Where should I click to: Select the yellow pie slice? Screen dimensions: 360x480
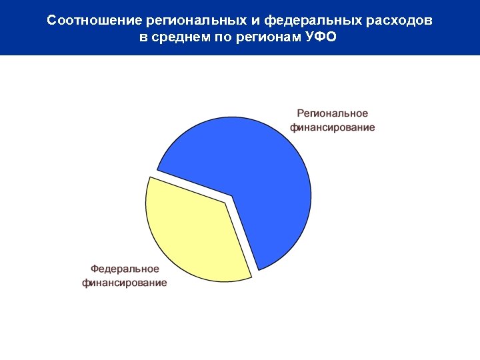point(193,233)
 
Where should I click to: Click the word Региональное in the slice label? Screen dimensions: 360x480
point(332,114)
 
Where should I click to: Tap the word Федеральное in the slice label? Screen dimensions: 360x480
point(125,269)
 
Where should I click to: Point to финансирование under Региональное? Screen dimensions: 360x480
point(332,127)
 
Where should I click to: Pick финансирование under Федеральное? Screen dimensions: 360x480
point(125,283)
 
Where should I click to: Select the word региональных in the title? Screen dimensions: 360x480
point(187,21)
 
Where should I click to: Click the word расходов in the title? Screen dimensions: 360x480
point(399,21)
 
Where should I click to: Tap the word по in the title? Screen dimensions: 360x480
point(223,37)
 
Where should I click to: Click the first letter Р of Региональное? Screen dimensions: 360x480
point(300,114)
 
